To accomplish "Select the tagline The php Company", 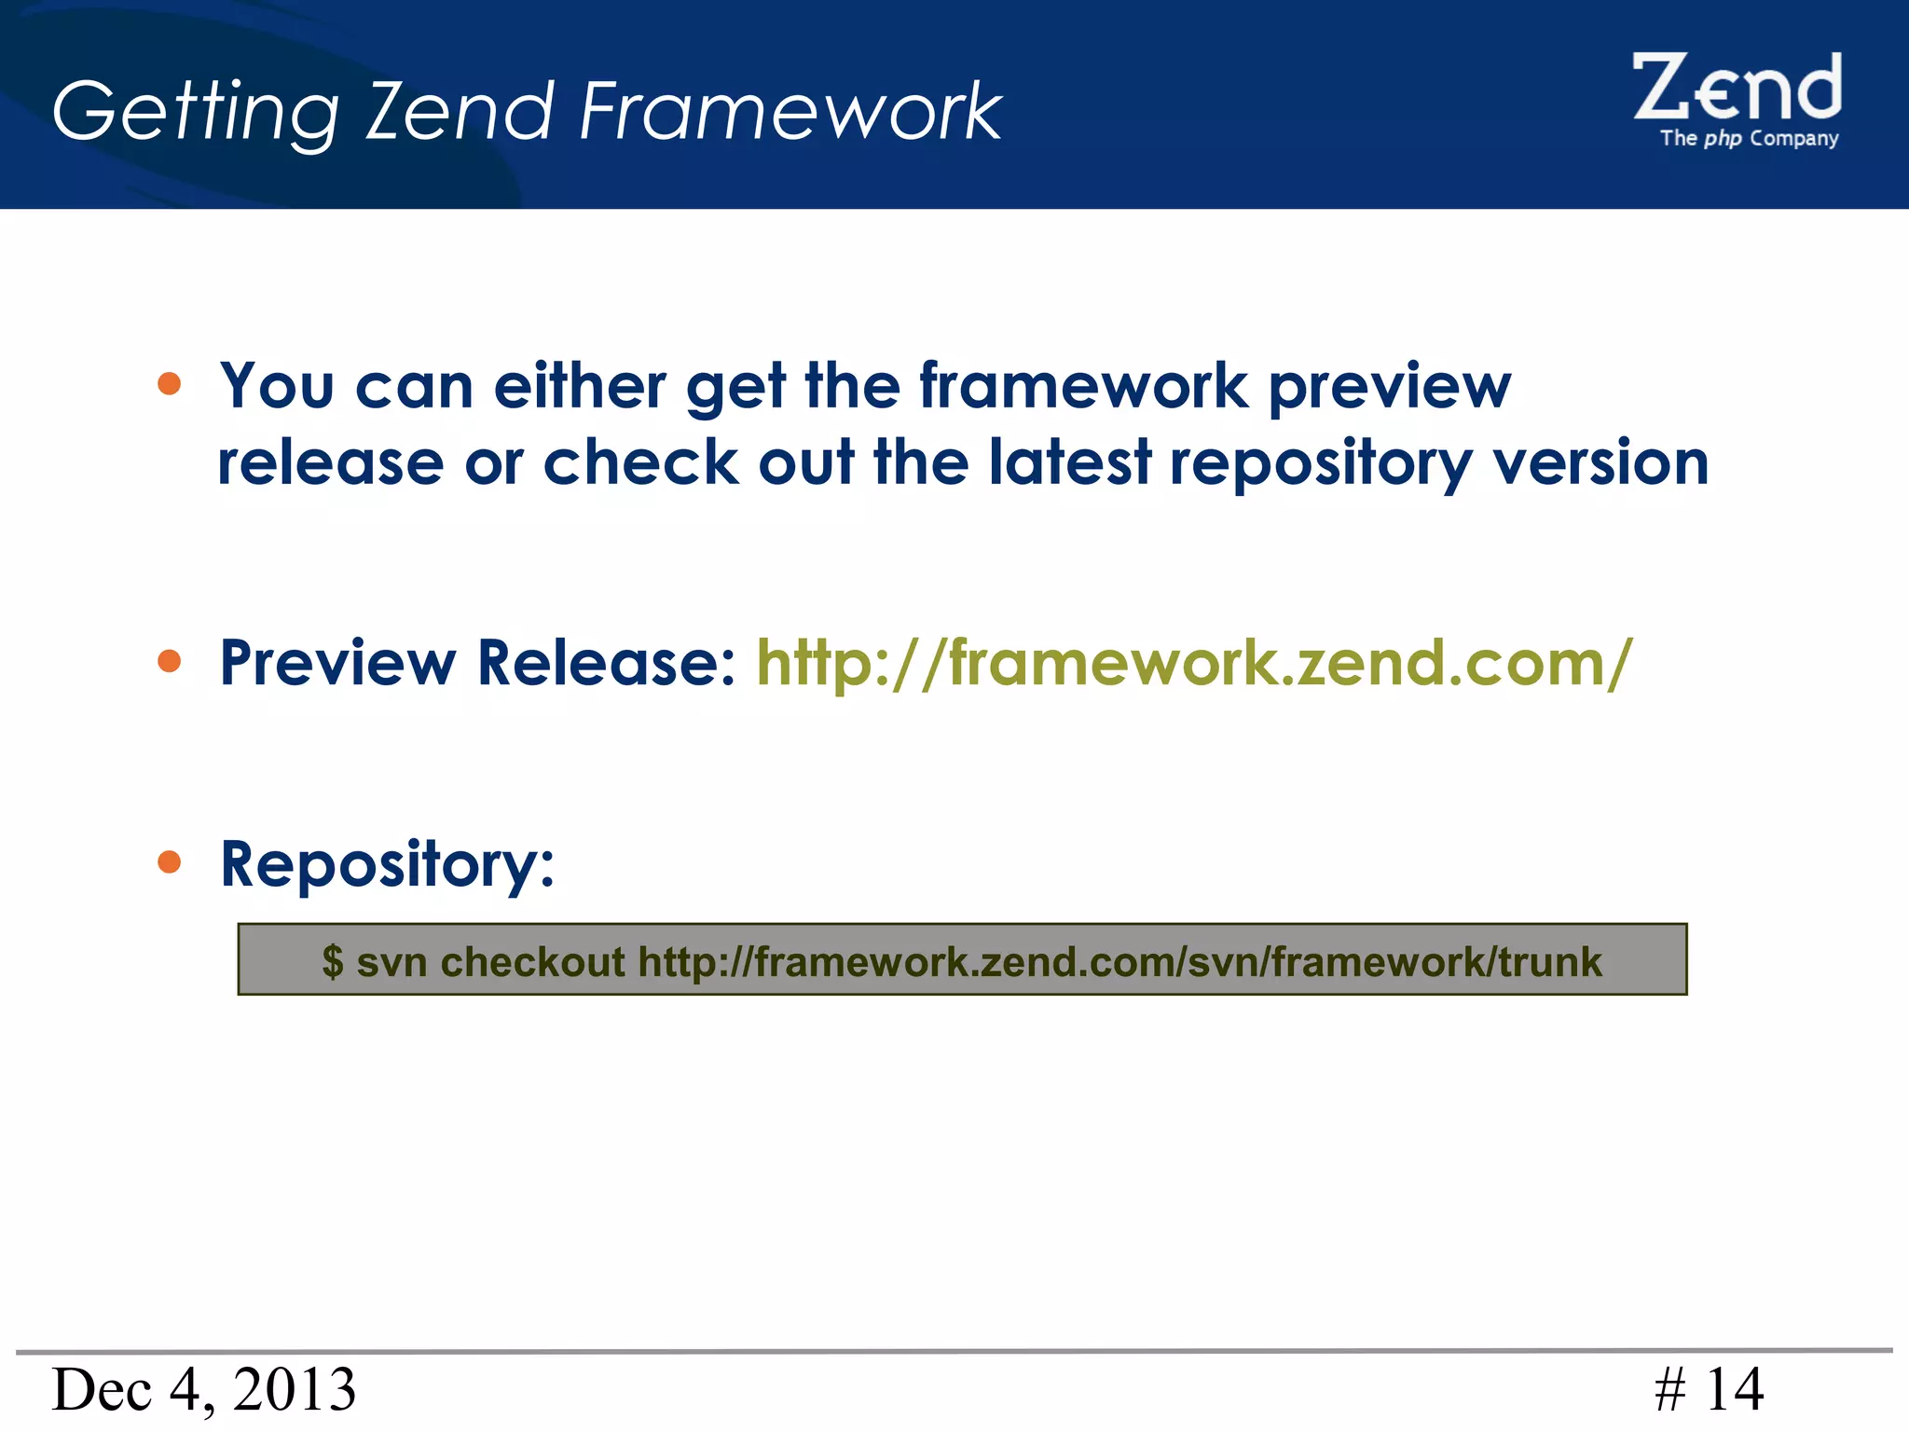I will [1749, 139].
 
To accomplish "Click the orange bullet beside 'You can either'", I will [169, 383].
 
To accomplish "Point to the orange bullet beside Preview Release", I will [169, 661].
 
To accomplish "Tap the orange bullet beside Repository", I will [169, 861].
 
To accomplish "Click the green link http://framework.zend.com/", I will [1194, 663].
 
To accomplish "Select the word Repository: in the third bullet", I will [387, 865].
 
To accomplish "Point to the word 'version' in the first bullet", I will [1600, 462].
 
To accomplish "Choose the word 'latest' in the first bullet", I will [1069, 462].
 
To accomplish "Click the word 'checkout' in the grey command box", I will [532, 961].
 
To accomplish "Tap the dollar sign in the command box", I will [333, 961].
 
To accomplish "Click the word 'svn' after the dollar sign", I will [391, 961].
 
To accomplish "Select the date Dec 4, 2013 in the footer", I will [203, 1389].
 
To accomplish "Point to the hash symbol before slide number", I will [1669, 1390].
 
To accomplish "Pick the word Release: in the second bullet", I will [606, 663].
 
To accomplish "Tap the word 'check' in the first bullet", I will [641, 462].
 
